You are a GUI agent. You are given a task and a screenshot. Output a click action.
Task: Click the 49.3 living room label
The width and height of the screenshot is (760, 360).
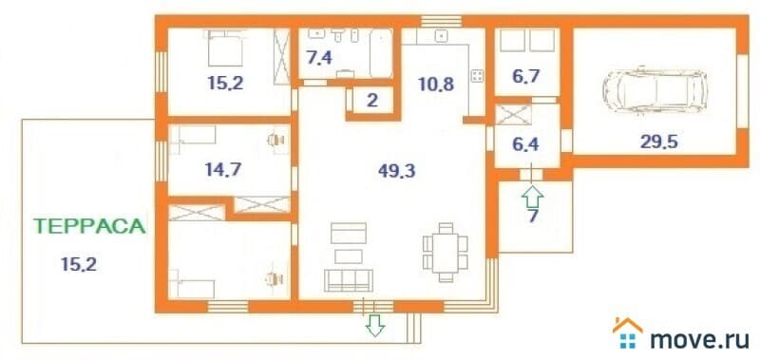point(396,171)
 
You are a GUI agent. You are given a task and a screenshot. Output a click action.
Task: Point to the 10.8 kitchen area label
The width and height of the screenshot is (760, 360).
point(436,83)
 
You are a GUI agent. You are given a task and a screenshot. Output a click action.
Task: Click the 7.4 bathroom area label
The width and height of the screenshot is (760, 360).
point(320,58)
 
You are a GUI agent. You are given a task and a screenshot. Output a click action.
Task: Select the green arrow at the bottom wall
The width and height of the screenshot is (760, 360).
point(375,327)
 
